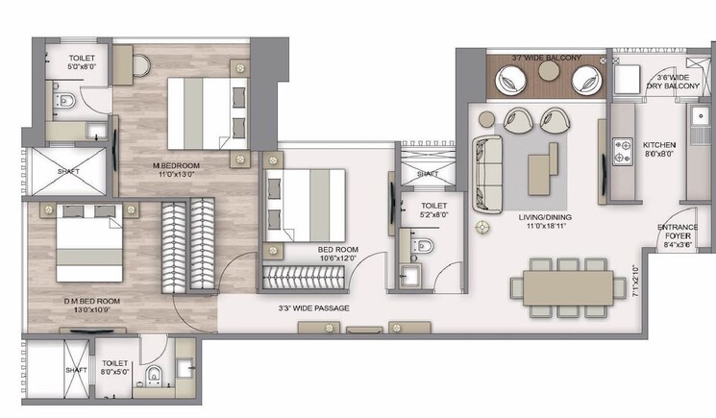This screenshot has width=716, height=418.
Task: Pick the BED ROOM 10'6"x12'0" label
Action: pos(338,255)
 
